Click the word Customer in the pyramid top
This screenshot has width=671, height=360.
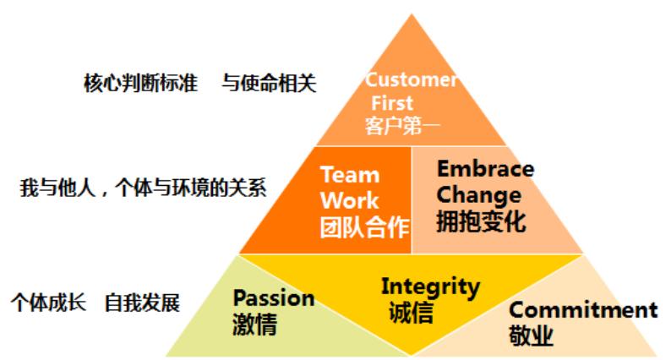(x=412, y=80)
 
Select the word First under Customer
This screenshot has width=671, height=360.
(x=393, y=103)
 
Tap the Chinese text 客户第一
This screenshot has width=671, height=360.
(x=403, y=127)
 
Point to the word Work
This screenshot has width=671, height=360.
(x=351, y=201)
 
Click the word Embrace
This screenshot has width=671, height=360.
(x=485, y=168)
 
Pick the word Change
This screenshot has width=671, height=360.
(x=478, y=195)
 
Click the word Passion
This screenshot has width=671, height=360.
(x=274, y=297)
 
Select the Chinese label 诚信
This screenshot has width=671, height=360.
(x=411, y=313)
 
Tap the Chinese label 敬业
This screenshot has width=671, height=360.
(x=532, y=336)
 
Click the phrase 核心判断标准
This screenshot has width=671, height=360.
(x=141, y=84)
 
